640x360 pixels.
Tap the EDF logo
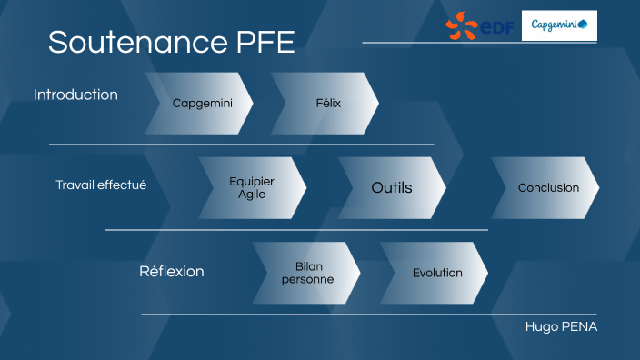coord(480,25)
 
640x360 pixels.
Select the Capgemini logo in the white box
coord(559,25)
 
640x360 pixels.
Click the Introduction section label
coord(75,95)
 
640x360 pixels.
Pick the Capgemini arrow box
coord(202,103)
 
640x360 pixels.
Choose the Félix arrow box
coord(327,103)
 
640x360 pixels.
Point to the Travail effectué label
coord(101,185)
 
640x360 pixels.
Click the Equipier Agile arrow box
coord(252,188)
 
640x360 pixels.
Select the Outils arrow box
coord(392,188)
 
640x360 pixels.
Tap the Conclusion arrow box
coord(547,188)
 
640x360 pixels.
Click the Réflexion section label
coord(171,272)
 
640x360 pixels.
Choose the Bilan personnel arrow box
coord(308,273)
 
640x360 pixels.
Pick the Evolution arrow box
coord(437,273)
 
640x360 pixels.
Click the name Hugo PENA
coord(561,326)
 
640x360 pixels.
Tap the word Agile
coord(252,195)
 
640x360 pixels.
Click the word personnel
coord(308,279)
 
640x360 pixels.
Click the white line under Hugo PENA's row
coord(364,315)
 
